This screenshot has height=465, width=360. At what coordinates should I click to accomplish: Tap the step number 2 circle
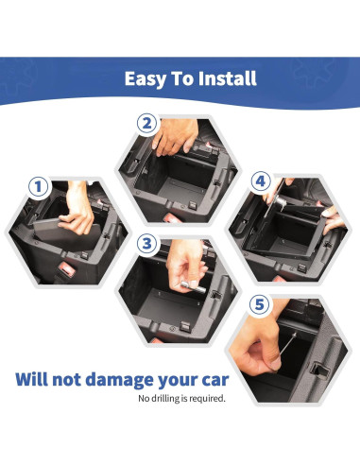(x=146, y=123)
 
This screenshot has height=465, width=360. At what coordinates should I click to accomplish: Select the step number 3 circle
(x=146, y=243)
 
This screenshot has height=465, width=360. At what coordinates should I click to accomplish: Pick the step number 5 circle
(x=259, y=305)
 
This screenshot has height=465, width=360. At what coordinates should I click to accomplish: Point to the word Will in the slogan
(x=37, y=381)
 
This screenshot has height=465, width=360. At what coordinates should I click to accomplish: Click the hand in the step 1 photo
(x=79, y=219)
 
